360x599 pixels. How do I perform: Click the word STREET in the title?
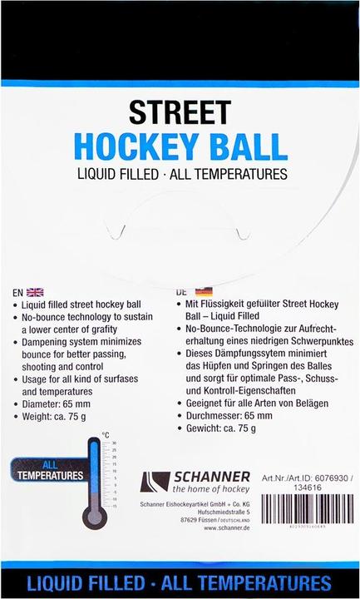pyautogui.click(x=180, y=113)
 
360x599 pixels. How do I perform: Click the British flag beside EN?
pyautogui.click(x=35, y=292)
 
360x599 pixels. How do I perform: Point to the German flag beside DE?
pyautogui.click(x=203, y=292)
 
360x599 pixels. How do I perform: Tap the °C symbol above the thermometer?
pyautogui.click(x=106, y=434)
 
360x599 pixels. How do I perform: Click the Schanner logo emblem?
pyautogui.click(x=155, y=483)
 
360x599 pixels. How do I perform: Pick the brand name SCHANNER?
pyautogui.click(x=211, y=477)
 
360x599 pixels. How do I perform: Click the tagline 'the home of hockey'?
pyautogui.click(x=211, y=491)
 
